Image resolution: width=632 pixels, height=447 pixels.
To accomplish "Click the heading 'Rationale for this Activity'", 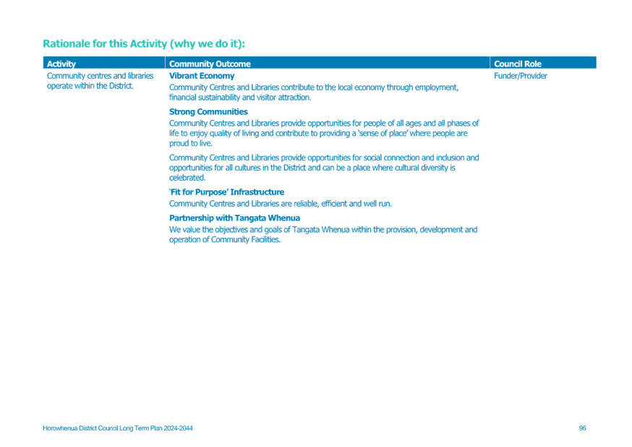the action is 105,43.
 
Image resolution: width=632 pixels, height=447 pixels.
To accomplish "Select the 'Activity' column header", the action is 61,64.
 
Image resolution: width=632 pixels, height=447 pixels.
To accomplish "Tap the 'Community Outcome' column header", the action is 210,64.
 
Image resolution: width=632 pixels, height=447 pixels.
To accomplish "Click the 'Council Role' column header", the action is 518,64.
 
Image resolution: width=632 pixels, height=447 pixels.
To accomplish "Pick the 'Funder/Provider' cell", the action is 521,76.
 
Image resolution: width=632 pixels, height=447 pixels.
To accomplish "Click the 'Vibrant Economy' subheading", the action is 202,76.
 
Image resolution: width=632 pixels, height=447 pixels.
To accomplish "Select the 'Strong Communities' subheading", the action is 208,111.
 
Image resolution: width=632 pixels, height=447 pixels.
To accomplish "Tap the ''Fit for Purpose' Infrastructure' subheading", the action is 226,192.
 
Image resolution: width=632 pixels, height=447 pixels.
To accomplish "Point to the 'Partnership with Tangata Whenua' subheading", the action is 234,218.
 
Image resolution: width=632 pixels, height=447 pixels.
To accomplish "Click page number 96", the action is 582,428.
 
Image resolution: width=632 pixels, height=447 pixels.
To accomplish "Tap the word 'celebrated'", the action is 187,178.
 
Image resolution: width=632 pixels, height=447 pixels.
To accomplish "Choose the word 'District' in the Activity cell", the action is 121,86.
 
